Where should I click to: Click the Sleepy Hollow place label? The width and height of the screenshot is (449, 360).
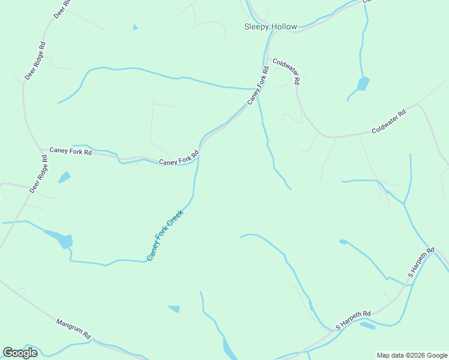point(270,26)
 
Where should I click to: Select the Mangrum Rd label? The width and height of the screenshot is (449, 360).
point(73,328)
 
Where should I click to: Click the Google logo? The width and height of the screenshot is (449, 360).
point(20,353)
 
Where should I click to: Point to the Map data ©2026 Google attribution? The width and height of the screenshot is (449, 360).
point(412,355)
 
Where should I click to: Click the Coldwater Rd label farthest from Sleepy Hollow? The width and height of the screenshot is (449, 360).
point(389,122)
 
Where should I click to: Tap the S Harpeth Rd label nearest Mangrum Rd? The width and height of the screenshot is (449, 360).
point(354,320)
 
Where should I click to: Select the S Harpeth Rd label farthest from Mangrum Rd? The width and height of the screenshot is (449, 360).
point(421,262)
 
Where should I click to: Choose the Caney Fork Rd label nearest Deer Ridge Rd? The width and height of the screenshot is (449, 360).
point(70,152)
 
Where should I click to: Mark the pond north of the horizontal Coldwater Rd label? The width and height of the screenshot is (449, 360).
point(363,83)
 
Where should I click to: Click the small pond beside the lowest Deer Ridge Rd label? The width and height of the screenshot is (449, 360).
point(64,177)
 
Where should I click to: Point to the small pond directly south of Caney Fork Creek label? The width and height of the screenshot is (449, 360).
point(175,309)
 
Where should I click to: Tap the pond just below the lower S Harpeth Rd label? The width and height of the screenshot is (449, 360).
point(367,326)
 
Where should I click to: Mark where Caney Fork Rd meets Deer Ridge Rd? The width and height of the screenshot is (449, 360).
point(41,150)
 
